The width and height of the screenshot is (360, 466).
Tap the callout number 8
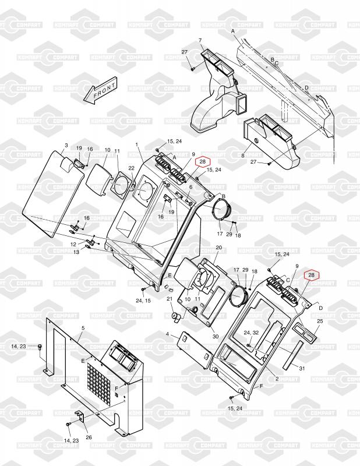(x=242, y=156)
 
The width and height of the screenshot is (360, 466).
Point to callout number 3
(x=66, y=145)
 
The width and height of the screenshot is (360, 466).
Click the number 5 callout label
(x=83, y=329)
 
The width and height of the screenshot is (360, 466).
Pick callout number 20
(x=219, y=248)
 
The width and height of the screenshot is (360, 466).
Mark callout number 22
(x=131, y=168)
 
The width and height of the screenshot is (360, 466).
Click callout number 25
(x=319, y=321)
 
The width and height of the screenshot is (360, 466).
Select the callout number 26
(x=89, y=438)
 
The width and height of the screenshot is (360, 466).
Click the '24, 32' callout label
(x=252, y=332)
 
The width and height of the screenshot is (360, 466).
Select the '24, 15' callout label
(x=143, y=300)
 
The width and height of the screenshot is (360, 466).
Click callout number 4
(x=168, y=334)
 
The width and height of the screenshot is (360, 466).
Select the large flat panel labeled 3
(x=50, y=192)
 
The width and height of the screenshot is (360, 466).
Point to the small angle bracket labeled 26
(x=81, y=421)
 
